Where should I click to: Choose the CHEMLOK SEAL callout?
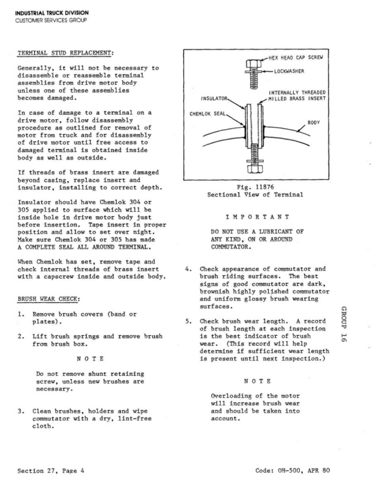(208, 115)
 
